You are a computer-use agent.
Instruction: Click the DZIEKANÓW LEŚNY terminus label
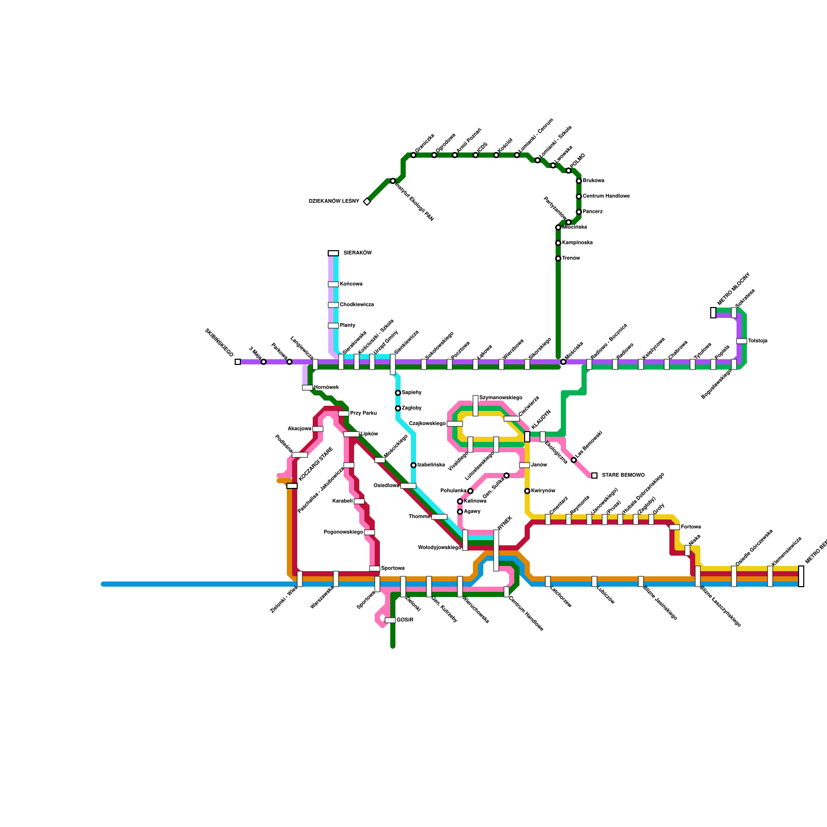334,202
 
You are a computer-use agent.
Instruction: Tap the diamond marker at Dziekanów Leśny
367,202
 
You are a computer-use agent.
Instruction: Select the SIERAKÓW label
357,253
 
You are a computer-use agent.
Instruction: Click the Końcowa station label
351,284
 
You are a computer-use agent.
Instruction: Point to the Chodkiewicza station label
357,305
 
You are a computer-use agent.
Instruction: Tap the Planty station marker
333,326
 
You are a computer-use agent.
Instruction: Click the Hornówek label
326,388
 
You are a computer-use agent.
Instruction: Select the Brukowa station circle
579,181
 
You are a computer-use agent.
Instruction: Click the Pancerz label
592,212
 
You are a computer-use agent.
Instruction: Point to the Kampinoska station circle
558,243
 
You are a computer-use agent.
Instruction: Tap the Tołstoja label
758,341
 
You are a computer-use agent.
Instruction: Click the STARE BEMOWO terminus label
623,476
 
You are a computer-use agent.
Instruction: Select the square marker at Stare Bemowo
594,476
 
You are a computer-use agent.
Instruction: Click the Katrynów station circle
527,491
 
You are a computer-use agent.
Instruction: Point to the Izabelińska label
431,465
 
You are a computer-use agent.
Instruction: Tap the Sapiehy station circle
398,393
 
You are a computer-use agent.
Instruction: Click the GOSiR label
405,620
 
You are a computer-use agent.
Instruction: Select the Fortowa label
691,527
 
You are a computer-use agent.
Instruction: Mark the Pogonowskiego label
343,532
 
